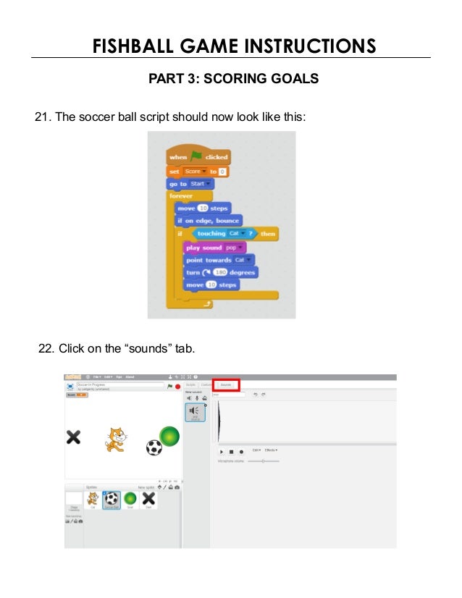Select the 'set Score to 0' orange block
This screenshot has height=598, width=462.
198,172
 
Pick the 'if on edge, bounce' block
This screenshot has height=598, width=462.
208,220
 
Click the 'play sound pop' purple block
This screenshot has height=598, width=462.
215,248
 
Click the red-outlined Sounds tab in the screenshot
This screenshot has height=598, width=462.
226,384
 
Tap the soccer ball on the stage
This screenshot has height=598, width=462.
154,447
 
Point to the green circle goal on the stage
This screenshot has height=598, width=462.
169,437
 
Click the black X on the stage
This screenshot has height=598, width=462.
73,437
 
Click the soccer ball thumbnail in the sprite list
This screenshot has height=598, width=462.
112,500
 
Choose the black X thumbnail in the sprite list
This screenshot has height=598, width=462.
148,500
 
